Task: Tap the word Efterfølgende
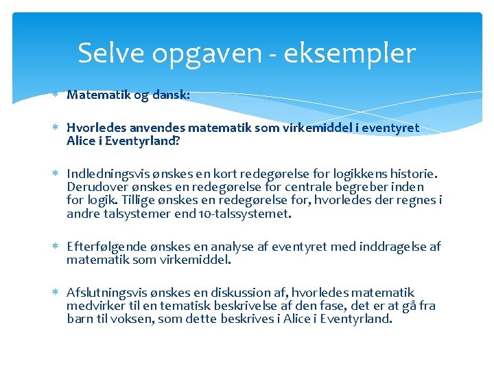[106, 246]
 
